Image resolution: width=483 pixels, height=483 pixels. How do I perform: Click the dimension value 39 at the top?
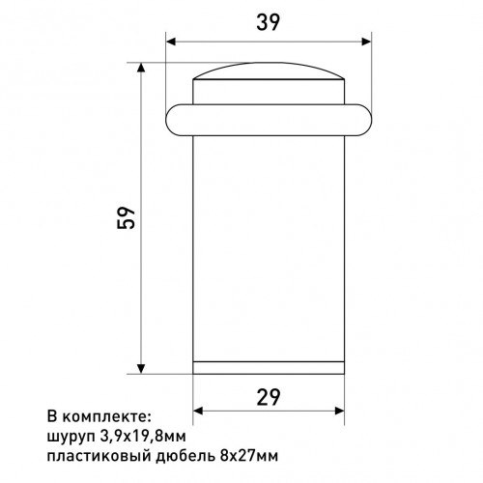click(268, 22)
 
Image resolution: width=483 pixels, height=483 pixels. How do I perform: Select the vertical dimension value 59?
click(126, 218)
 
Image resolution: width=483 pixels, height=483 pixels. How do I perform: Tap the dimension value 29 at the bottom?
click(269, 397)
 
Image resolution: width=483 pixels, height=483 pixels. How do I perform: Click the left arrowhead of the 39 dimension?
click(171, 42)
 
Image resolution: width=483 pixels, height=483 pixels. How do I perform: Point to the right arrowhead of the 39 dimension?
click(366, 42)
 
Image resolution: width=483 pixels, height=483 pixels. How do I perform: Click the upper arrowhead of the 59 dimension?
click(141, 68)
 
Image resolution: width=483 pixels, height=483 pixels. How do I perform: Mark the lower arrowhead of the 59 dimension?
click(141, 369)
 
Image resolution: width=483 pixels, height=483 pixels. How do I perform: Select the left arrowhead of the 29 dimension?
click(198, 411)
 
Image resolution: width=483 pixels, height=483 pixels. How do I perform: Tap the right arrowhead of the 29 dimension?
click(339, 411)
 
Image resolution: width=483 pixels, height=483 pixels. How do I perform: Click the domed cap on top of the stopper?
click(269, 71)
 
